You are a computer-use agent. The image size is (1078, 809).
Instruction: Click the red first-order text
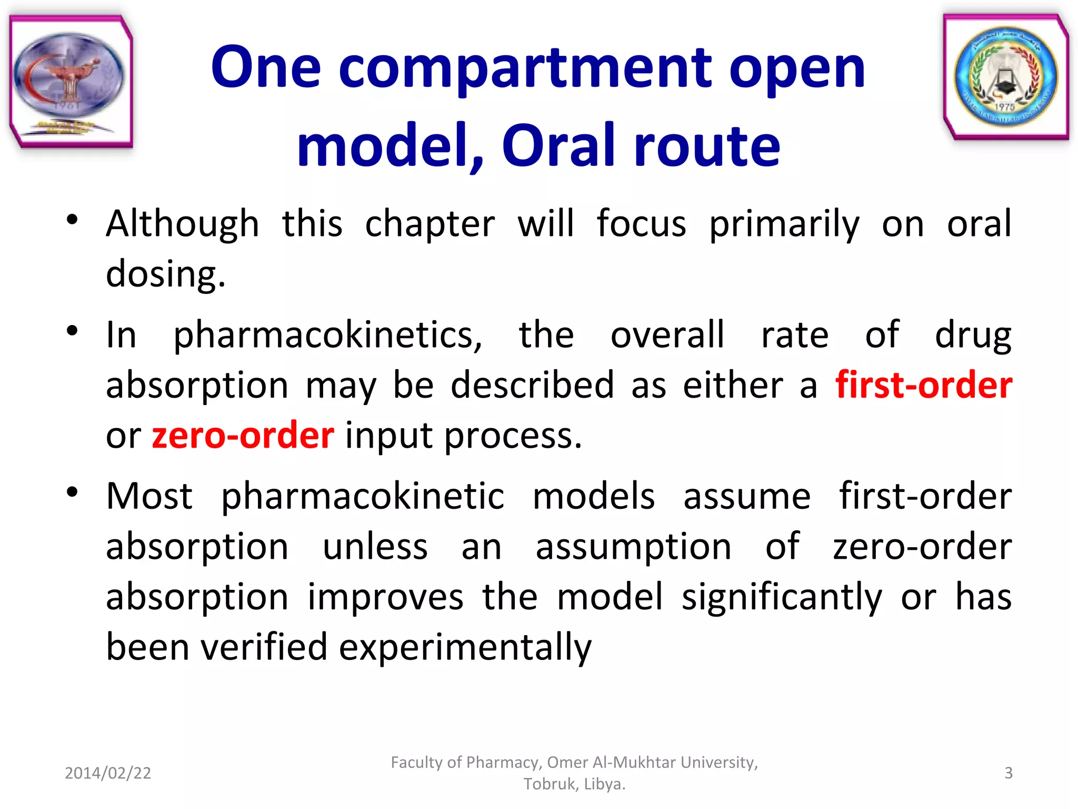[x=923, y=385]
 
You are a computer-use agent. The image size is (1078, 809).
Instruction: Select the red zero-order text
[x=243, y=436]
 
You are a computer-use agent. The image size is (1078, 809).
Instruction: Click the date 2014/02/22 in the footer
[x=108, y=773]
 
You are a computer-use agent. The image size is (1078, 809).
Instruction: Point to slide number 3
[x=1008, y=773]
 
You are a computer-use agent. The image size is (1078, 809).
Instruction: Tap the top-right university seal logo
[x=1006, y=77]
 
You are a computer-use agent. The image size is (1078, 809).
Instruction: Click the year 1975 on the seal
[x=1004, y=107]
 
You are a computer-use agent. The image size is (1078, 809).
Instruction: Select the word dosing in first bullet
[x=165, y=274]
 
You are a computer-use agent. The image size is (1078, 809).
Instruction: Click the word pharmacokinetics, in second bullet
[x=327, y=335]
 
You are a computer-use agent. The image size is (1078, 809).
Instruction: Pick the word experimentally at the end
[x=465, y=647]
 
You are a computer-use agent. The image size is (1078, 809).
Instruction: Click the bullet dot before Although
[x=73, y=220]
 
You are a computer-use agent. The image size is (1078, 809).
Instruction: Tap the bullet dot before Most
[x=73, y=492]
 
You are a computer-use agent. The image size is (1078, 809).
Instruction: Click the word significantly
[x=782, y=597]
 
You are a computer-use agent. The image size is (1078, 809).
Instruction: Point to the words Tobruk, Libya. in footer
[x=574, y=784]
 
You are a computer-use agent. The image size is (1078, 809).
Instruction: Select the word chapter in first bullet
[x=430, y=224]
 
